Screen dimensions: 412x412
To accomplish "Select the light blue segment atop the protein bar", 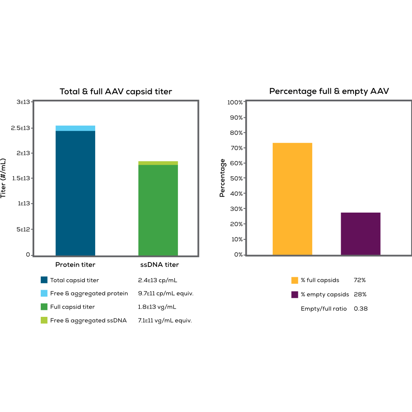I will pos(75,128).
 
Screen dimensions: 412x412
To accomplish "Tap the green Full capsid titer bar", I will pos(158,210).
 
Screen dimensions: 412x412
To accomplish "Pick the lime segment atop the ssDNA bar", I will pos(158,163).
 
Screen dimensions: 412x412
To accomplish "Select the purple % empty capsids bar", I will pos(360,234).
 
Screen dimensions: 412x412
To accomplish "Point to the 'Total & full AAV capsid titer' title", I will pos(116,91).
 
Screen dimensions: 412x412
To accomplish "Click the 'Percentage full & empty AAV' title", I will pos(329,91).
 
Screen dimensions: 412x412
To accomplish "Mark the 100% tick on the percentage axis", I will pos(235,102).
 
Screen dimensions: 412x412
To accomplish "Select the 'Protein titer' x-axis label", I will pos(75,265).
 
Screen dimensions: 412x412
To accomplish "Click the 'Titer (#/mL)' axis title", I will pos(4,178).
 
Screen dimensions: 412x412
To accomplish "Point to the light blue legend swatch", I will pos(44,293).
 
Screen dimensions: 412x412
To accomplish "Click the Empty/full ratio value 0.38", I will pos(360,309).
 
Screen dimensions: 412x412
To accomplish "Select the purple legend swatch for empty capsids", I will pos(295,295).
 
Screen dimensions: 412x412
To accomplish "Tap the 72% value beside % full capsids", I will pos(360,280).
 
